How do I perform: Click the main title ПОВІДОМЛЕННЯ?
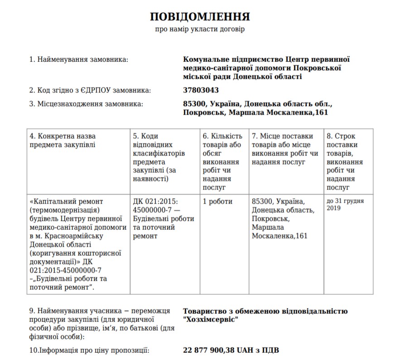pos(200,17)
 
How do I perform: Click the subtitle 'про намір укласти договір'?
pos(200,29)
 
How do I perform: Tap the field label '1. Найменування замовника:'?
pos(78,59)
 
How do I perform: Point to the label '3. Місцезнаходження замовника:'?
pos(86,104)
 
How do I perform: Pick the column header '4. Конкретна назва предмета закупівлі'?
pos(63,140)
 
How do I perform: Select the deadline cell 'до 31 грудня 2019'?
pos(344,204)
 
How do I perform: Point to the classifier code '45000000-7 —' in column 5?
pos(154,210)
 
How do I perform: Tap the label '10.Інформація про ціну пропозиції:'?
pos(89,350)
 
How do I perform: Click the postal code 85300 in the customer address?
pos(195,104)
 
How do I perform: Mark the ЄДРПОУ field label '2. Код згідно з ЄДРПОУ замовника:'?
pos(90,90)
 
